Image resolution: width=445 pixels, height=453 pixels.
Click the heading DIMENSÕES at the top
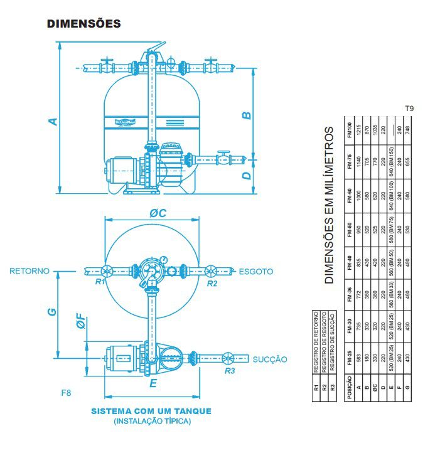click(83, 24)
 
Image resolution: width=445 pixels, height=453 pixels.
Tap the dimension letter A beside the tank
click(54, 121)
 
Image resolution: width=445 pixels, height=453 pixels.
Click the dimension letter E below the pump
click(153, 383)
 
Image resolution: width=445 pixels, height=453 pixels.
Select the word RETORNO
click(29, 272)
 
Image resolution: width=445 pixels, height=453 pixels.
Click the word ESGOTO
click(256, 272)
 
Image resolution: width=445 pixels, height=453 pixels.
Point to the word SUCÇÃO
click(270, 360)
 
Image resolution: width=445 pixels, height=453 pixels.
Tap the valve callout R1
click(99, 283)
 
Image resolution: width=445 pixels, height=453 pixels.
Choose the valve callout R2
click(212, 283)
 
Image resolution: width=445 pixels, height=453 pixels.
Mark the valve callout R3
click(230, 370)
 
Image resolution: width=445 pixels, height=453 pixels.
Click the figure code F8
click(66, 393)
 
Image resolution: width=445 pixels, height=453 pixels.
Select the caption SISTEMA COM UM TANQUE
click(151, 411)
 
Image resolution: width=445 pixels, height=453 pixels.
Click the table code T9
click(409, 109)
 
